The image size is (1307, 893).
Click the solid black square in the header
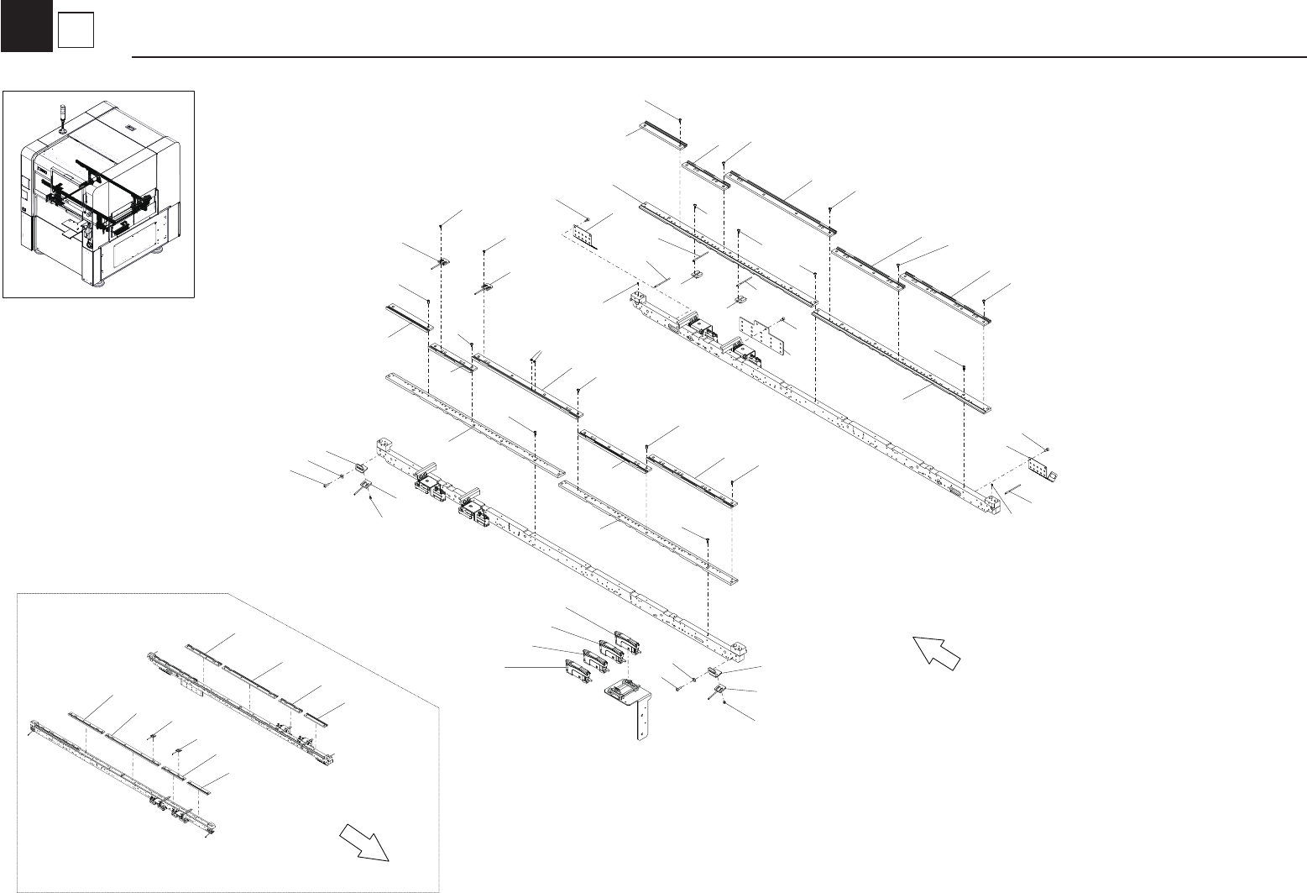26,26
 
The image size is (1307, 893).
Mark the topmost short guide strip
660,134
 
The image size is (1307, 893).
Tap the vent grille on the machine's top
130,128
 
